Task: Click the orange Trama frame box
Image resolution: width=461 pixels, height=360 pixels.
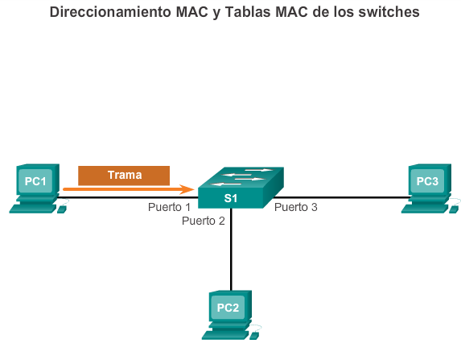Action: point(124,176)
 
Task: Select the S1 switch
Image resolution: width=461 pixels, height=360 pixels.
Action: point(241,188)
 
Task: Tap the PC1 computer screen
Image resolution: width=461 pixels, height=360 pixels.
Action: point(35,180)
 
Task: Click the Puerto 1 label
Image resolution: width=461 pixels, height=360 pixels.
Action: point(169,207)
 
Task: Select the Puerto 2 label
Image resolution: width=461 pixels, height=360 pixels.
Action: point(204,221)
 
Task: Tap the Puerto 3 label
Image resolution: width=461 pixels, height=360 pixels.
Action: point(296,207)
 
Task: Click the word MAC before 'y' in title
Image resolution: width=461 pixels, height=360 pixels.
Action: point(191,12)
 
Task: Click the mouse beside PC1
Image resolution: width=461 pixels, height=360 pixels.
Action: point(62,209)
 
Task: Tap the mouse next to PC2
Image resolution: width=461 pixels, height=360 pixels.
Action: point(254,336)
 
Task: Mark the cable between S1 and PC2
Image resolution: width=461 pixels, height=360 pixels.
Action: point(231,250)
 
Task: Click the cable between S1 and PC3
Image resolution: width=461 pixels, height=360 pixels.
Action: point(343,197)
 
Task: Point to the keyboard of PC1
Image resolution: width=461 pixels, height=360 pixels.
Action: point(33,209)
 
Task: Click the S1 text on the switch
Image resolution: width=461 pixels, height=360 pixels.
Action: point(230,198)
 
